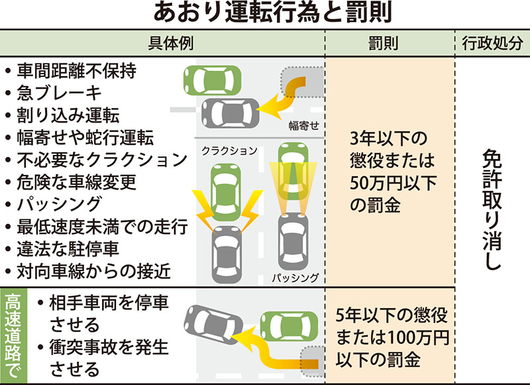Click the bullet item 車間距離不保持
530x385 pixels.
coord(77,71)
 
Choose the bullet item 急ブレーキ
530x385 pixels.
coord(60,93)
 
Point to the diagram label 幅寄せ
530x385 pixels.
coord(304,125)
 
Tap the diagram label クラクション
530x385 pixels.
coord(229,151)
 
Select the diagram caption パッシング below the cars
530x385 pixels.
coord(295,278)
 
